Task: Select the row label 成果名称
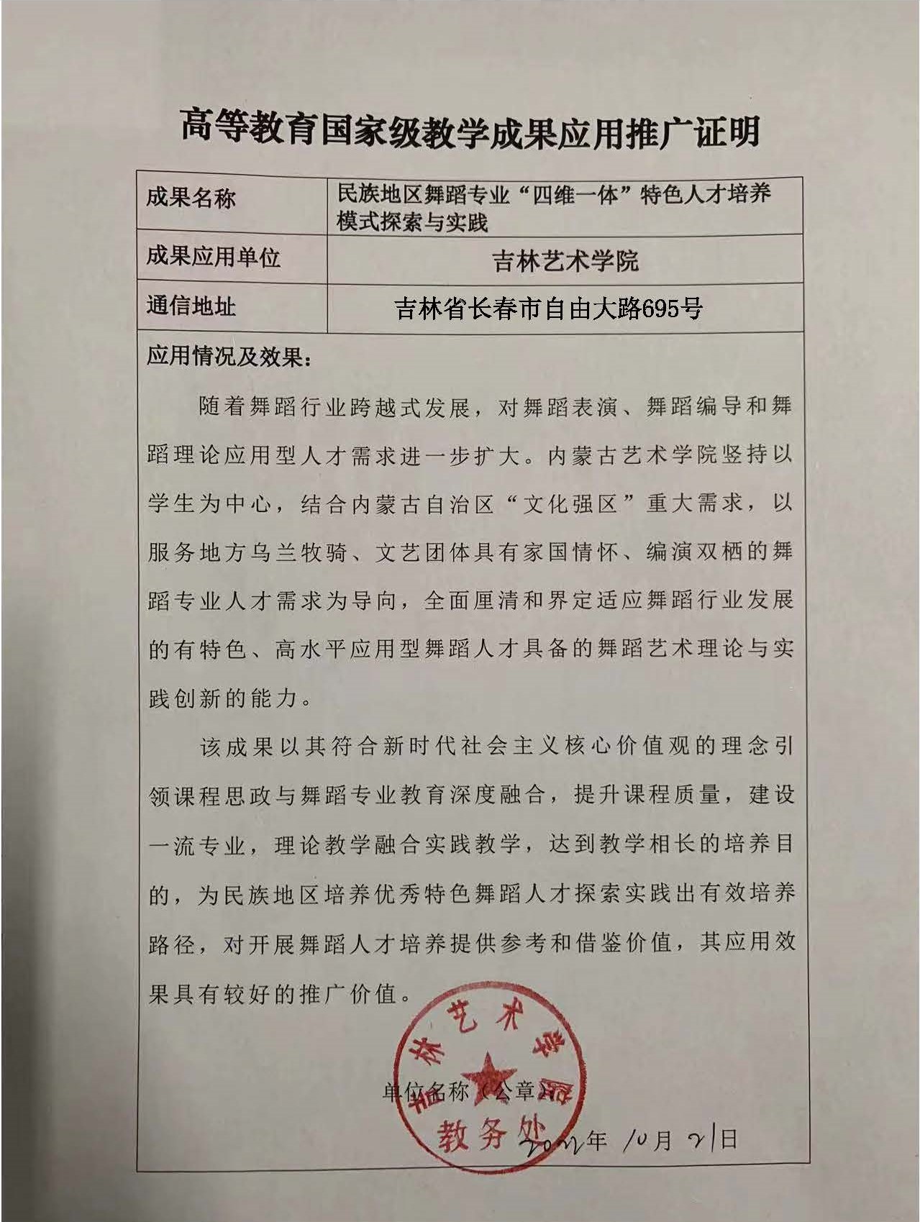tap(191, 198)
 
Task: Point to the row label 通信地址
tap(191, 306)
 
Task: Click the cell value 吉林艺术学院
tap(565, 260)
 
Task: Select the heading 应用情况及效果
tap(229, 356)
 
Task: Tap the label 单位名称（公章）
tap(471, 1092)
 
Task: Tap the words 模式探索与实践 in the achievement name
tap(413, 221)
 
